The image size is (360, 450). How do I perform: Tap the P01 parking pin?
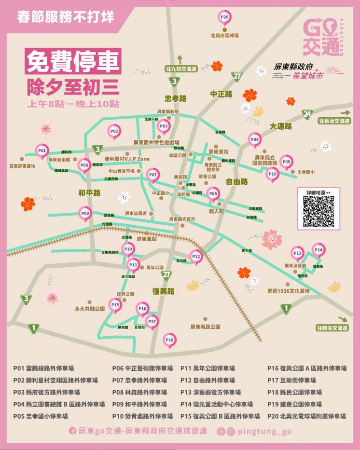42,151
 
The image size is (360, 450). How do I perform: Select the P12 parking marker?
195,257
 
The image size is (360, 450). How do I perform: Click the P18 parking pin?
169,340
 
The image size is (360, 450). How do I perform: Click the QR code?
318,212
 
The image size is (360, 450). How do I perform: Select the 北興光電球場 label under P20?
225,35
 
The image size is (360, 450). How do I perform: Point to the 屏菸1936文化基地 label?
289,291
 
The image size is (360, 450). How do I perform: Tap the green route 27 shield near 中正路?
236,77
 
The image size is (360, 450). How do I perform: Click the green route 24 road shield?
307,114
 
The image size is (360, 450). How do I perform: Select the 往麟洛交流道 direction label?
332,328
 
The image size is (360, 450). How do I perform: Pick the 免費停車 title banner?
73,61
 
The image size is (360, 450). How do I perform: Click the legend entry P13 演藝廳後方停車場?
210,392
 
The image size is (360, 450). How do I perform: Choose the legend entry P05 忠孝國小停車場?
40,416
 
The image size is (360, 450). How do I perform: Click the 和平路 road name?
89,193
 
